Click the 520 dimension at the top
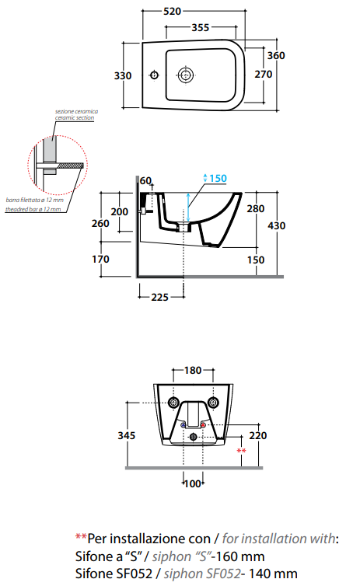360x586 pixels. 172,11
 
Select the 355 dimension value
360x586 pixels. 201,27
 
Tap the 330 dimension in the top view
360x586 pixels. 123,76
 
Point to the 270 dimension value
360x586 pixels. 263,75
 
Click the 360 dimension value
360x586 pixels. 276,56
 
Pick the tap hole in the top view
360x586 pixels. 155,75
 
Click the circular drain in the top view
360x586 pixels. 185,75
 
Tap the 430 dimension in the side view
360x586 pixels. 276,225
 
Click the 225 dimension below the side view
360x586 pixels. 159,297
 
